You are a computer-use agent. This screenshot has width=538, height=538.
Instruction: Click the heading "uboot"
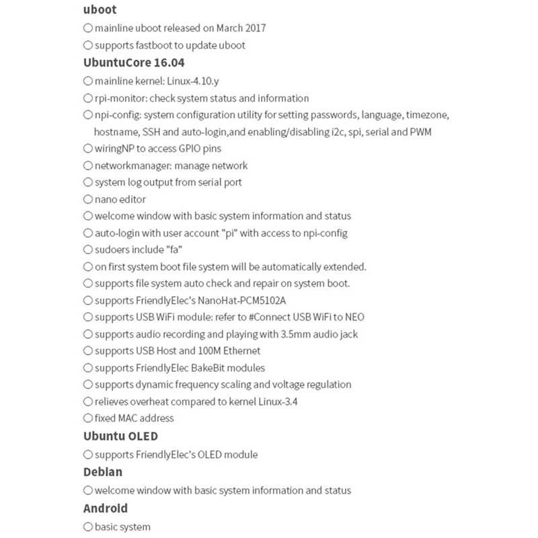[100, 9]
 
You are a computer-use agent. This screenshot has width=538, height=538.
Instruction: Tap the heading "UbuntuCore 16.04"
[134, 63]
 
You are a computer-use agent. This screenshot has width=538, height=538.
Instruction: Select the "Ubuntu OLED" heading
[120, 436]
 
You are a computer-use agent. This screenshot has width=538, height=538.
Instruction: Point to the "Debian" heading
[103, 472]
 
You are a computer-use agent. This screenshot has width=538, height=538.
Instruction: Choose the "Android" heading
[106, 508]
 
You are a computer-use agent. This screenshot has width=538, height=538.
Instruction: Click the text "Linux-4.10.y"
[193, 81]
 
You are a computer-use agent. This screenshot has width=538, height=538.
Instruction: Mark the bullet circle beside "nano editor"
[88, 199]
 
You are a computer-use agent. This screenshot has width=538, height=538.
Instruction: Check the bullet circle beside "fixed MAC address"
[88, 418]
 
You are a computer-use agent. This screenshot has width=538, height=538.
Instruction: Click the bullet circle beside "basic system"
[88, 527]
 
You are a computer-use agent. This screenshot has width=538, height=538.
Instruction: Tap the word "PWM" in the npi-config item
[420, 132]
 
